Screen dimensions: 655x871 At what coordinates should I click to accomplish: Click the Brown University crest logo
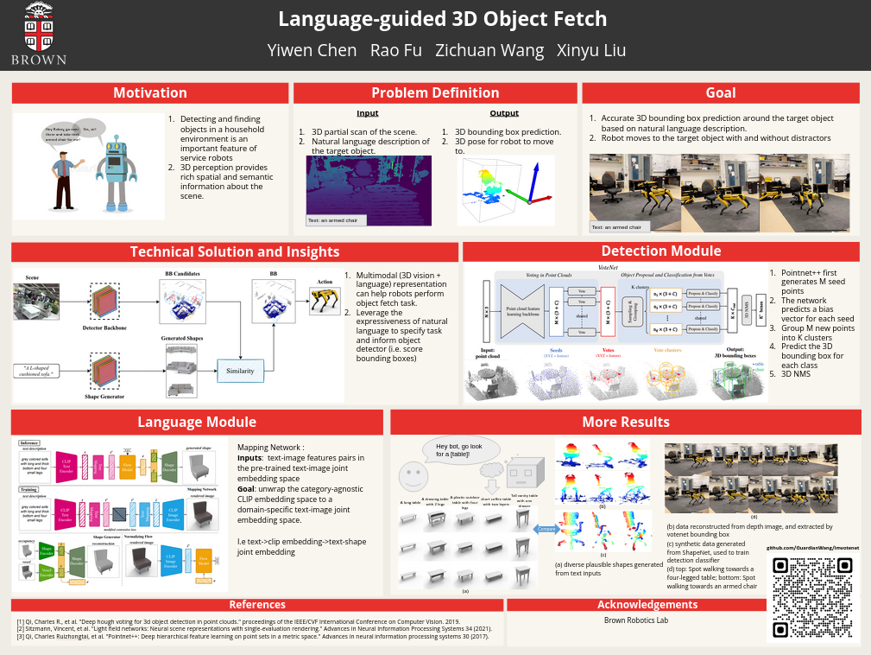[x=37, y=27]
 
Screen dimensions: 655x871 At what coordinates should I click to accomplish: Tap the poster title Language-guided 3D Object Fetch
[x=442, y=19]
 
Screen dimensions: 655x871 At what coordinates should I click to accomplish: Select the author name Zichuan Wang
[x=489, y=49]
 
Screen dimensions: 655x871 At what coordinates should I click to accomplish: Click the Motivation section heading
[x=150, y=93]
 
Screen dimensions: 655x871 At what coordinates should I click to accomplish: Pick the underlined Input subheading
[x=367, y=113]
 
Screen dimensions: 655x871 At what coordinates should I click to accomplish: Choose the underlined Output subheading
[x=504, y=113]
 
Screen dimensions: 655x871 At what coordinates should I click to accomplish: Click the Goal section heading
[x=721, y=93]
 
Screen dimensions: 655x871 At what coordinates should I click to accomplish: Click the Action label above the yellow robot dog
[x=325, y=282]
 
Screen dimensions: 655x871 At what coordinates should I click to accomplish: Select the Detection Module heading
[x=660, y=251]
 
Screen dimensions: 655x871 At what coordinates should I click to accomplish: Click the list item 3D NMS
[x=796, y=374]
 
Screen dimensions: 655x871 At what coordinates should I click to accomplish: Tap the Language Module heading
[x=197, y=422]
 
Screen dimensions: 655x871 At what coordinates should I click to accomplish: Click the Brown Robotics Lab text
[x=636, y=620]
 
